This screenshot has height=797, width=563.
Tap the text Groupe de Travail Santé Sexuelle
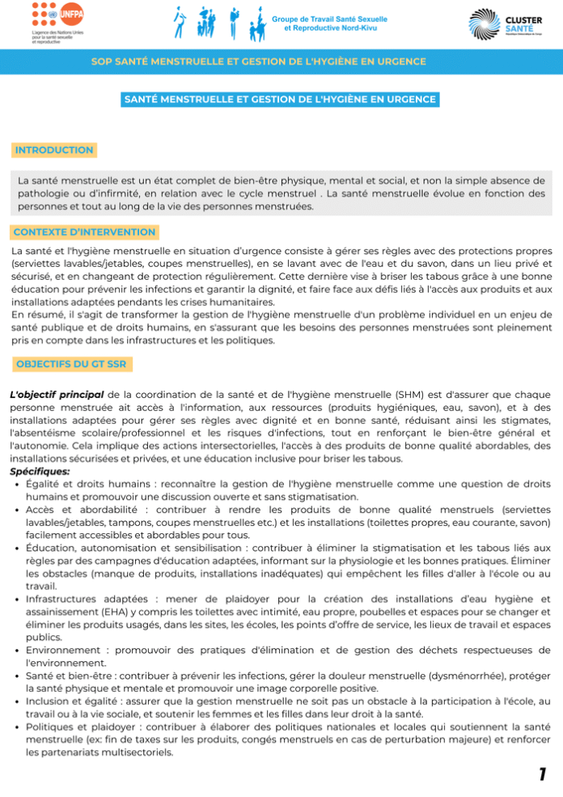pos(329,19)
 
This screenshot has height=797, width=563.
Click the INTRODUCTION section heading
pos(54,150)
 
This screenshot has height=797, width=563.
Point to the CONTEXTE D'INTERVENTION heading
pos(85,232)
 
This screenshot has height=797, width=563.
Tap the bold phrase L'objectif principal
pos(55,394)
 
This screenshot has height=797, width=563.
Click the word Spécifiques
pos(40,472)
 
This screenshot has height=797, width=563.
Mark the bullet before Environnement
pos(16,650)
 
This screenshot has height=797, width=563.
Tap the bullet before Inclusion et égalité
pos(16,702)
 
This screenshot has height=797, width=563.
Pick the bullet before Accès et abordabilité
pos(16,511)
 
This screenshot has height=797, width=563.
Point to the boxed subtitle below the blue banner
pos(280,100)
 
